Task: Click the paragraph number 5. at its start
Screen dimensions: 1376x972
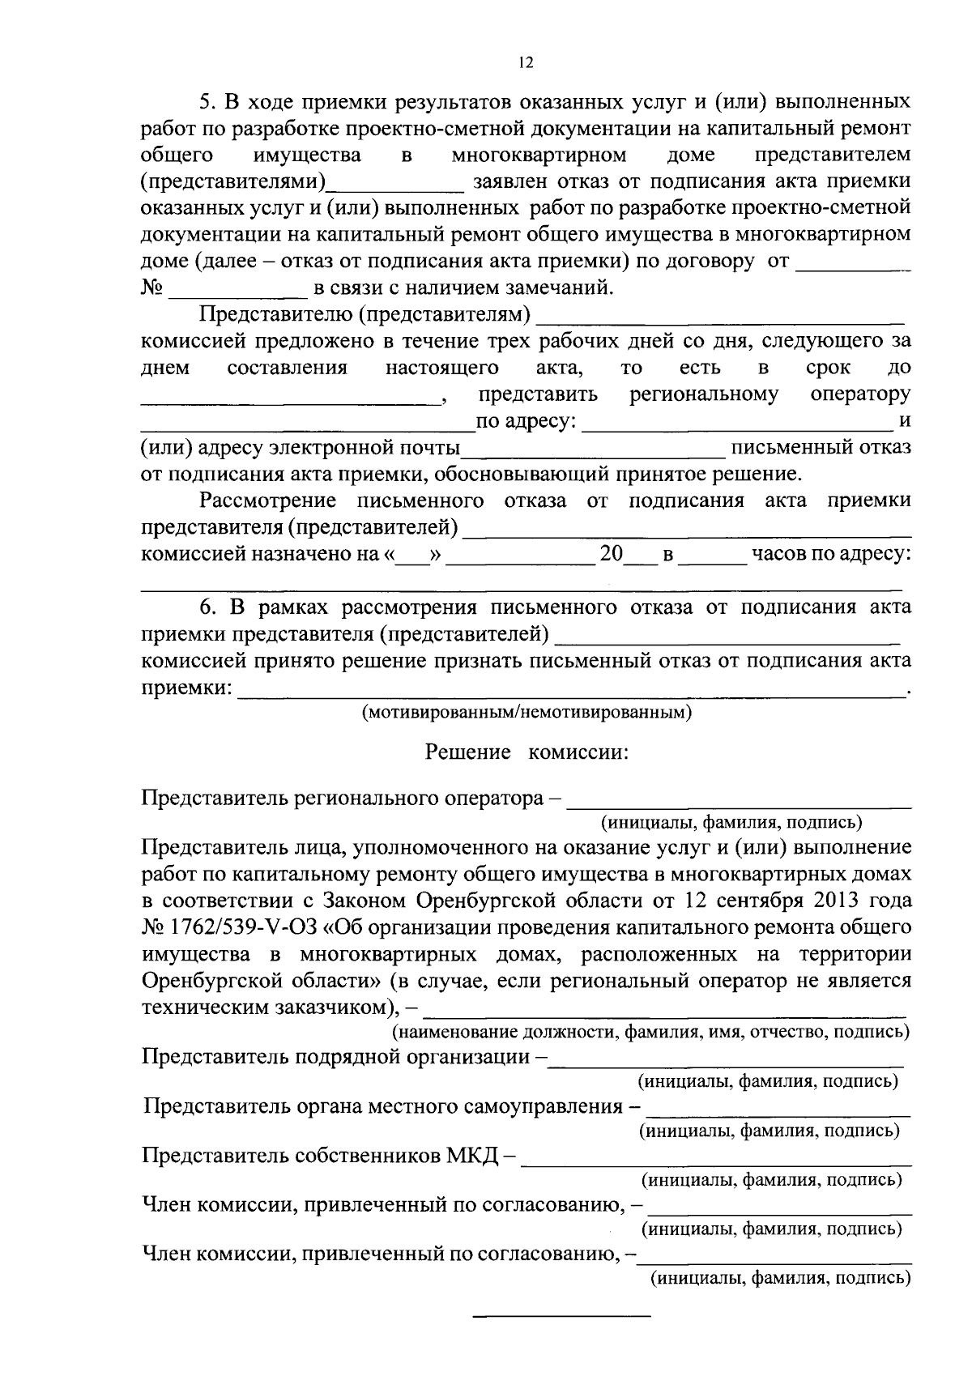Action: point(209,102)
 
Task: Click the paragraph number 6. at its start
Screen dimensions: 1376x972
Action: point(209,607)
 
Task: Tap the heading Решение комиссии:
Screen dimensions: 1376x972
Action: point(527,752)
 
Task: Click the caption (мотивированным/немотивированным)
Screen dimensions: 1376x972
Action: point(526,713)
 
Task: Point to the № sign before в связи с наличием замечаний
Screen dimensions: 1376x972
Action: point(152,288)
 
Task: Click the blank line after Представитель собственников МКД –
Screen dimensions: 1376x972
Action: point(716,1159)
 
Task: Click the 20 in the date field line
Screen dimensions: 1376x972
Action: point(611,555)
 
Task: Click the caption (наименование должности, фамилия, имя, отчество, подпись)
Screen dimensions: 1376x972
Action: point(650,1032)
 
